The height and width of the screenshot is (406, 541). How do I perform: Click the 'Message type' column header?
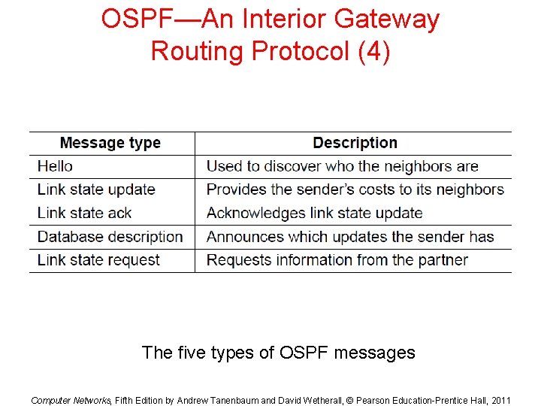pos(110,143)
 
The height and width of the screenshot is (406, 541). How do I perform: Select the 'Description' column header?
pos(355,143)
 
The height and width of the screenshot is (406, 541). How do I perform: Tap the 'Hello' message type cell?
pos(56,166)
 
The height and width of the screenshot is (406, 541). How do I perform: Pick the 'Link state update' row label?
pos(96,189)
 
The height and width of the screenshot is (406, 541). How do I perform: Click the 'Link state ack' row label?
pos(84,213)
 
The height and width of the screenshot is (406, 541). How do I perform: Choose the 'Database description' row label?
pos(110,237)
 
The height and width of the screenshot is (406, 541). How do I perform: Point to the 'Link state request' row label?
pos(98,260)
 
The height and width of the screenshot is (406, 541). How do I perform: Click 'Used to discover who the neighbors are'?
pos(342,166)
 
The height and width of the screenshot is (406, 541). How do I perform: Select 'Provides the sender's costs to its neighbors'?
pos(355,189)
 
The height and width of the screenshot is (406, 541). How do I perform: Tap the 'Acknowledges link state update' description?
pos(314,213)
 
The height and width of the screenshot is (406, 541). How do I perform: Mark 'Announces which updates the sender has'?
pos(350,237)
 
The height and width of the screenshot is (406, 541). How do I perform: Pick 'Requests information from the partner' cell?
pos(337,260)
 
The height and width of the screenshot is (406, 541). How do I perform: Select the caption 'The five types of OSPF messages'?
pos(278,352)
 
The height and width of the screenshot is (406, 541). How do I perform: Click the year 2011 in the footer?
pos(498,400)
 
